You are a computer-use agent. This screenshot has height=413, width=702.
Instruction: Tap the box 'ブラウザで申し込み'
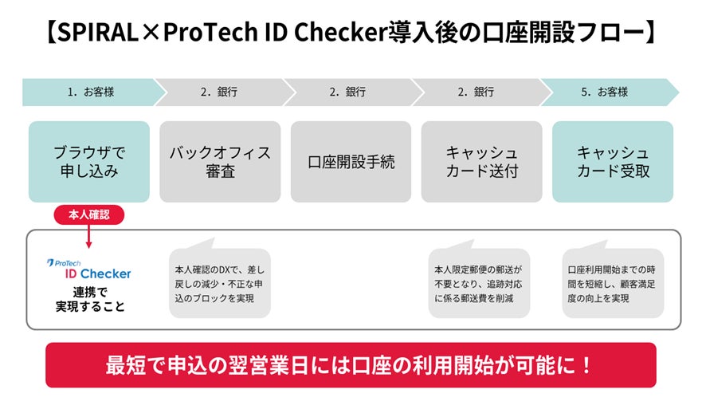pos(89,161)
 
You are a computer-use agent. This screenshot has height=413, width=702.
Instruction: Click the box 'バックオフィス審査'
pos(220,161)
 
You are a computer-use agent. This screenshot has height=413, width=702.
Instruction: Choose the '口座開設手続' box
pos(351,161)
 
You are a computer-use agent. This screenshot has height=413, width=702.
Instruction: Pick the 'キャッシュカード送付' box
pos(481,161)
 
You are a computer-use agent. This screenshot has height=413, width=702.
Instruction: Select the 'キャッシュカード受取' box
pos(613,161)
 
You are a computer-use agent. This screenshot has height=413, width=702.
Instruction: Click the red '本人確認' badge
pos(89,215)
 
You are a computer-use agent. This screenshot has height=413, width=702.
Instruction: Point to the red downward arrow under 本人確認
pos(89,237)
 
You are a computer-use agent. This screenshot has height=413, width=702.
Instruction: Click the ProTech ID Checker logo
pos(88,269)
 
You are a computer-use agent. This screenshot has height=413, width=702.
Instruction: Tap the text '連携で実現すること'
pos(89,299)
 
